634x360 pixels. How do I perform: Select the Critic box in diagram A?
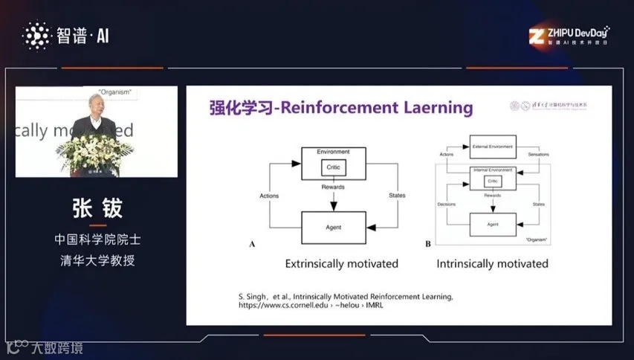click(334, 169)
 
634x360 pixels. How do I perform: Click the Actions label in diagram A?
click(269, 196)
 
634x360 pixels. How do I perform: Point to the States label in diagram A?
click(398, 196)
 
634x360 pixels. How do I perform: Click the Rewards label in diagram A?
click(334, 187)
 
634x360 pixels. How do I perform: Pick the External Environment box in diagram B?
click(492, 147)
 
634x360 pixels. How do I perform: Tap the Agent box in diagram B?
click(492, 223)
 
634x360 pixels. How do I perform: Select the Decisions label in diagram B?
click(447, 202)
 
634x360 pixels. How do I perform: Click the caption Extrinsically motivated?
click(342, 263)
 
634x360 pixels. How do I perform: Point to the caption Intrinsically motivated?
click(492, 263)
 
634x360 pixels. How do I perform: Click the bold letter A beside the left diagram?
click(252, 244)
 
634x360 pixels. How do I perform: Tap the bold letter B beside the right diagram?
click(428, 244)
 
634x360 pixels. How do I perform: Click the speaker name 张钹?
click(97, 209)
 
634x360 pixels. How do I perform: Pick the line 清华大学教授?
click(97, 260)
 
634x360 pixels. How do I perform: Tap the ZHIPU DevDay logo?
click(569, 35)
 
